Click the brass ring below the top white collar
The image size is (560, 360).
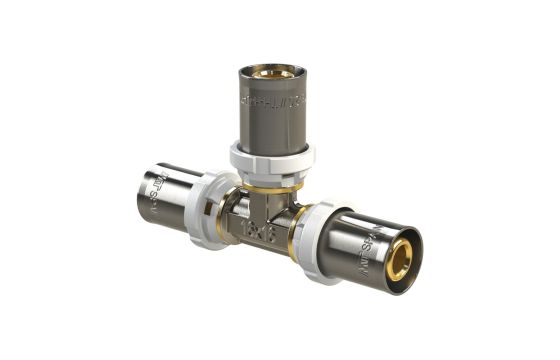coord(273,183)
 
